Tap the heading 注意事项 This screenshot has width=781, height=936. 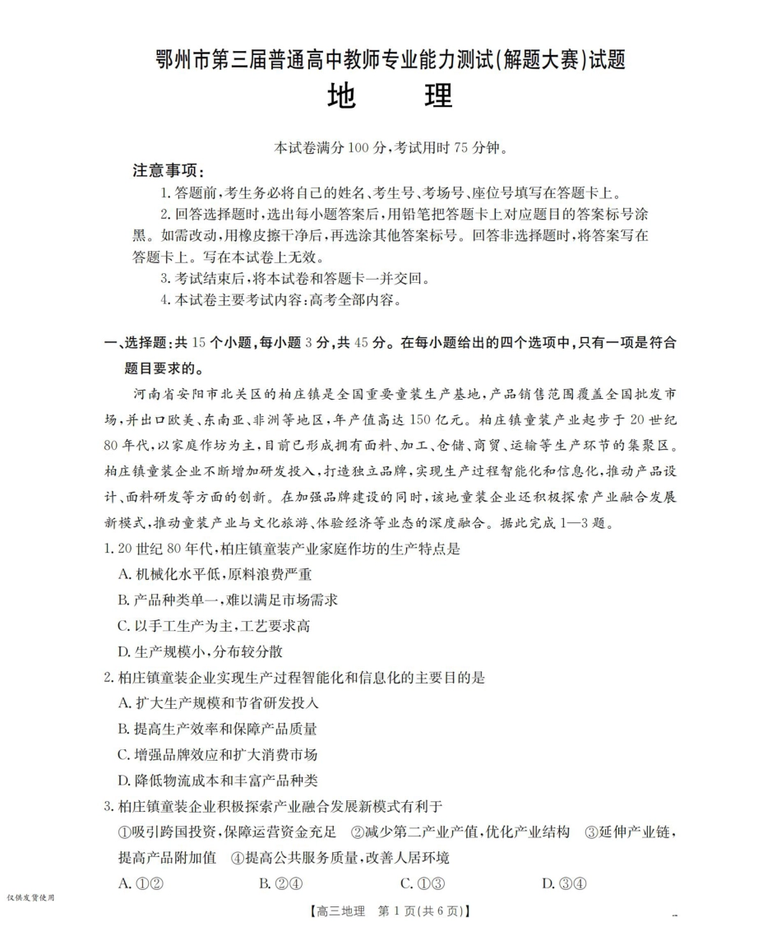coord(169,171)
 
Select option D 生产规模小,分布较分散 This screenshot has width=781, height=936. coord(201,651)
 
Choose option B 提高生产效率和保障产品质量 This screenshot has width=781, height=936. coord(218,729)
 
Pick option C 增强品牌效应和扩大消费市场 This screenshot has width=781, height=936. coord(218,754)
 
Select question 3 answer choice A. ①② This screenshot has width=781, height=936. coord(138,883)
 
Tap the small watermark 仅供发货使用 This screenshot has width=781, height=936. coord(30,897)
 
